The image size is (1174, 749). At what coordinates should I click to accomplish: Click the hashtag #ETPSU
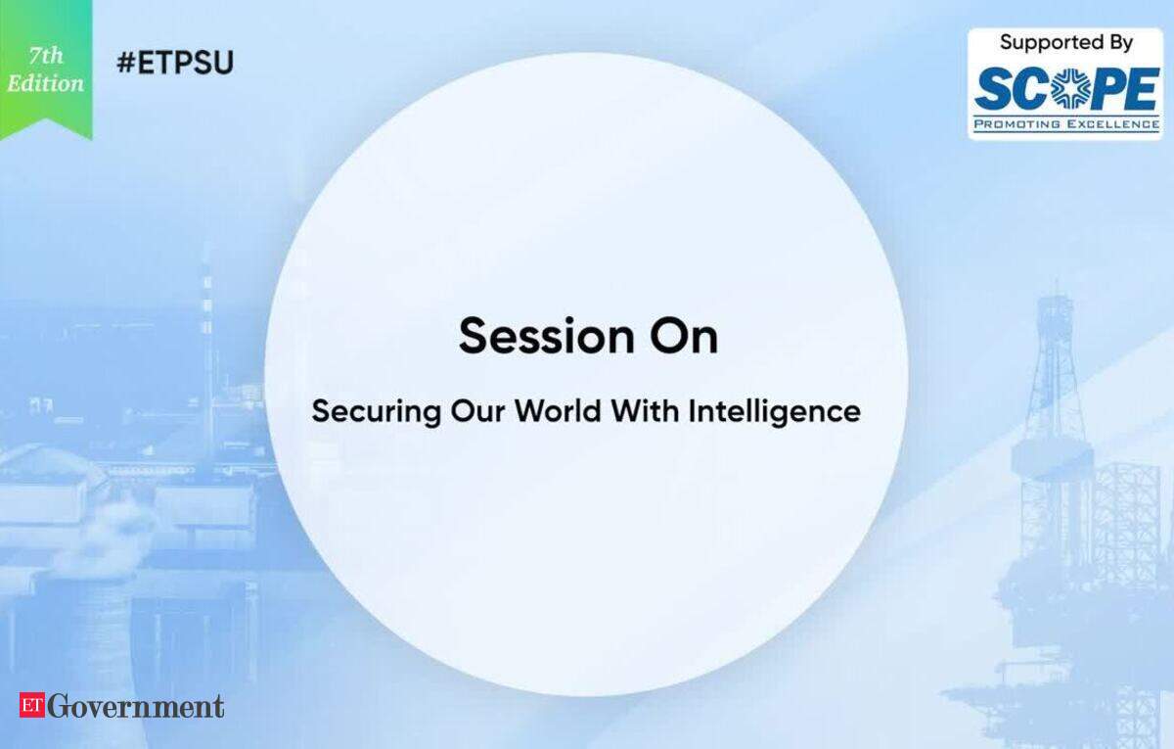(x=175, y=63)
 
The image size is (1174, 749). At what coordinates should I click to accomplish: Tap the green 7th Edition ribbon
(x=46, y=70)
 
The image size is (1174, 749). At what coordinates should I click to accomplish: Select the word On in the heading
(x=684, y=336)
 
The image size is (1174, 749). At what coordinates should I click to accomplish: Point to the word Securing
(x=377, y=412)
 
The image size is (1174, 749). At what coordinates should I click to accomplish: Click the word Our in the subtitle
(x=477, y=411)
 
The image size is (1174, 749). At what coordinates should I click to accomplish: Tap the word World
(x=558, y=411)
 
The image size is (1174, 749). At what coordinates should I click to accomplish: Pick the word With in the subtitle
(x=645, y=411)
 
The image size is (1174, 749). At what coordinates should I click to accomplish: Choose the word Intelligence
(x=774, y=412)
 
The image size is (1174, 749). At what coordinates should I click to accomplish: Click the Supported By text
(x=1066, y=43)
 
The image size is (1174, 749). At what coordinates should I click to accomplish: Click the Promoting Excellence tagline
(x=1066, y=124)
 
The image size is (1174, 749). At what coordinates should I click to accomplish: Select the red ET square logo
(x=32, y=704)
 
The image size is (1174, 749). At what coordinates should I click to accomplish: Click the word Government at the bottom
(x=136, y=706)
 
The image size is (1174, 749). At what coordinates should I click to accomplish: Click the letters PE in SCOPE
(x=1124, y=90)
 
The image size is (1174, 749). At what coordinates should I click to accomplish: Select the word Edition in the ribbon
(x=46, y=84)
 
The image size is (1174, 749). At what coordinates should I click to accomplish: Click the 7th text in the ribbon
(x=46, y=56)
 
